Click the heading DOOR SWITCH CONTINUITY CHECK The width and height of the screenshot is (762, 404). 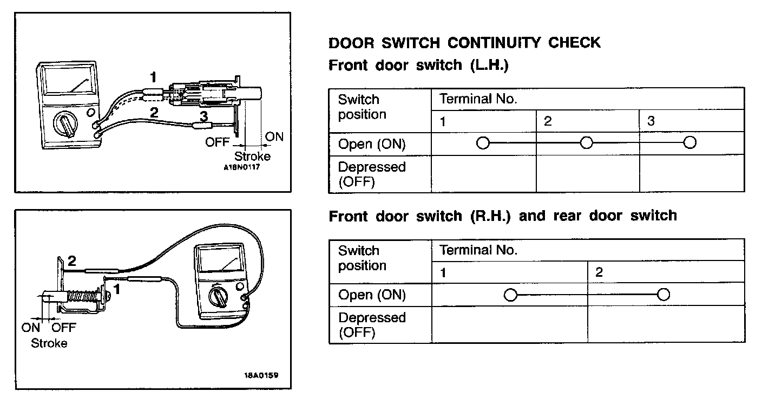click(x=464, y=43)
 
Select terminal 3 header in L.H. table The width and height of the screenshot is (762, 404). click(x=651, y=121)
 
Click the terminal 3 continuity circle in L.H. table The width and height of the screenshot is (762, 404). click(x=689, y=143)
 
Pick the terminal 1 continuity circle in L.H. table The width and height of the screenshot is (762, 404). click(x=483, y=143)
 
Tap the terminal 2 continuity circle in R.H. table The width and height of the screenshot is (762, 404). click(x=663, y=295)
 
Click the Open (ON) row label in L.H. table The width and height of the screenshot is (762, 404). click(x=371, y=144)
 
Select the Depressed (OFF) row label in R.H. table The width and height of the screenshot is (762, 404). click(x=371, y=324)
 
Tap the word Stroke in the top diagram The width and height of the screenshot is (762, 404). click(x=252, y=157)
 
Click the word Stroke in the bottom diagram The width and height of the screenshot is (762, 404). click(x=49, y=343)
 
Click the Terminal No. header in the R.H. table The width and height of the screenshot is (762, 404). click(x=478, y=250)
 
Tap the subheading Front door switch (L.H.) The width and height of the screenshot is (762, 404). click(x=419, y=66)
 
